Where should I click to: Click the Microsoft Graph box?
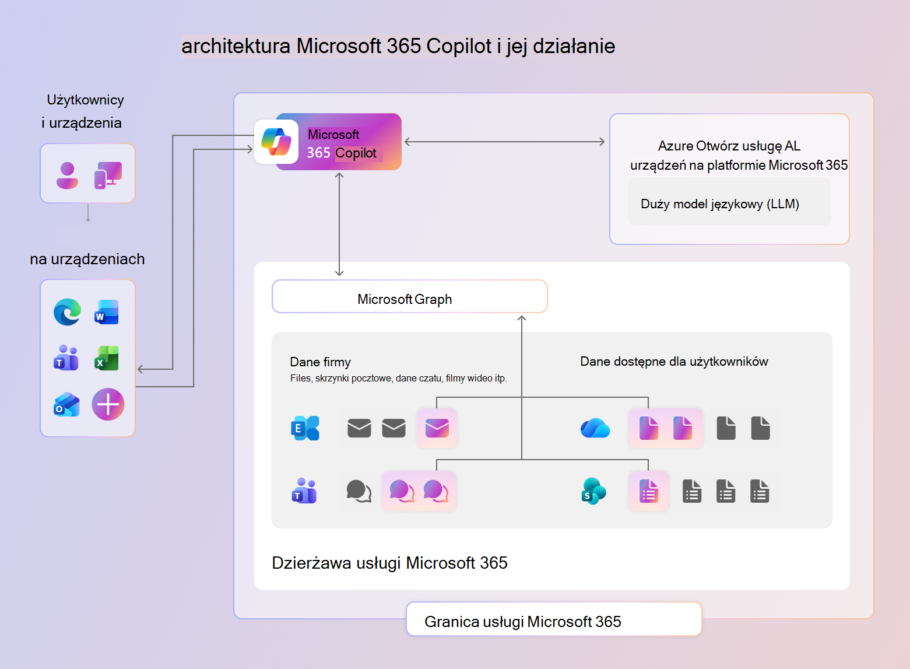point(409,296)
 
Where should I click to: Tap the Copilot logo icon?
point(276,142)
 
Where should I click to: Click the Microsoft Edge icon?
point(67,312)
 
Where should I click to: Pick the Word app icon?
point(107,312)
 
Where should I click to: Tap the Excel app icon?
point(107,358)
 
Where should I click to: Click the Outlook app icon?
point(67,404)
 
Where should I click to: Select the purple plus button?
point(108,404)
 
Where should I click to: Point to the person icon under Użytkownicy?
point(67,175)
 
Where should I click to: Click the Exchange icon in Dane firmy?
point(305,428)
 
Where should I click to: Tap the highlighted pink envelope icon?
point(437,428)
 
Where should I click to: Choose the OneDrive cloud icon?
point(595,428)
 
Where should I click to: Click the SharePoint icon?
point(593,491)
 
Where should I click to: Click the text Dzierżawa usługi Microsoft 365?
point(389,563)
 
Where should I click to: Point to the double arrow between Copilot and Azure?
point(505,142)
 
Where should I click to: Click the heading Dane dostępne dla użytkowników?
point(674,362)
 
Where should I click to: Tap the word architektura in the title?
point(236,46)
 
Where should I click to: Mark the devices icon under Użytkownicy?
point(108,175)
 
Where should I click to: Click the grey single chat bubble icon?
point(359,491)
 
